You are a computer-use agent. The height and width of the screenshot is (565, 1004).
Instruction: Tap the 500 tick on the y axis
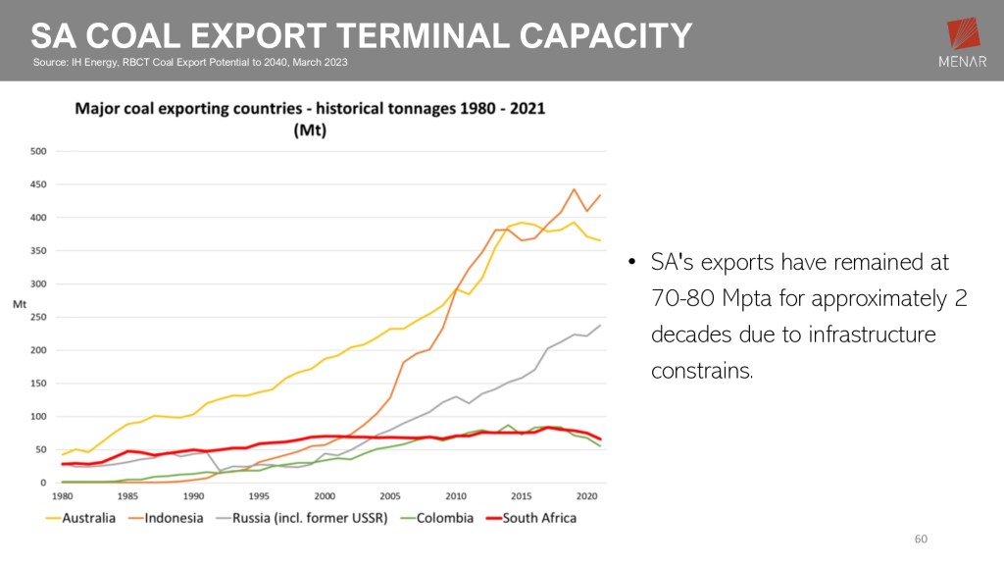click(38, 151)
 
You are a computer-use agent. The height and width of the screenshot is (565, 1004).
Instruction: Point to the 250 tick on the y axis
click(38, 317)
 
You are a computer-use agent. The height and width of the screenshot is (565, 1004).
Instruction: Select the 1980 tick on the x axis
click(62, 496)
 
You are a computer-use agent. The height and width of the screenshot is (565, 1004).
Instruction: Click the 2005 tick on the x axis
click(390, 496)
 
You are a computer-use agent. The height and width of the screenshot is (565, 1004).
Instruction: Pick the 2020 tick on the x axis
click(586, 496)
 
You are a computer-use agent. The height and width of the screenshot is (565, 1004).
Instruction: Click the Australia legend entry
click(79, 518)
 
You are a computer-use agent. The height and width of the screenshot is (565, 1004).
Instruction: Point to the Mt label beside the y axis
click(19, 304)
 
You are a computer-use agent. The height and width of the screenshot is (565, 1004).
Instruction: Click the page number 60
click(921, 539)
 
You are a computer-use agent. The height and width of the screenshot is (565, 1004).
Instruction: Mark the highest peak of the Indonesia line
click(574, 189)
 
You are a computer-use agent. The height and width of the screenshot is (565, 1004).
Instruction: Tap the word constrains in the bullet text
click(701, 371)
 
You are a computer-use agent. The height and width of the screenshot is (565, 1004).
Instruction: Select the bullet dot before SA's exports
click(632, 264)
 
